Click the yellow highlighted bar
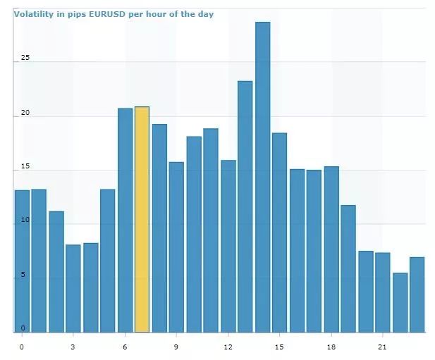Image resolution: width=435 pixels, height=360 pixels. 142,219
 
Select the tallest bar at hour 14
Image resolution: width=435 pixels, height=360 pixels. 263,177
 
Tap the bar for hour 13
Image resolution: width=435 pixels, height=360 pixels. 245,206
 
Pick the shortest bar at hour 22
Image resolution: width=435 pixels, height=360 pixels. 400,302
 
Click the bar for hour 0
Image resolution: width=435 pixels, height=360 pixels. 22,261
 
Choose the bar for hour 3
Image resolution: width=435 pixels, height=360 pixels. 73,288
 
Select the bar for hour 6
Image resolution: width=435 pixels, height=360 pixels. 125,220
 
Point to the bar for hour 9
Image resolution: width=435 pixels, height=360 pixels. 176,247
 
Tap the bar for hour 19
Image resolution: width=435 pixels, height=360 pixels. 348,268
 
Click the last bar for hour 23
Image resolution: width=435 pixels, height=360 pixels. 417,294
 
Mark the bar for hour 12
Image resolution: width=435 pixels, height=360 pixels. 228,246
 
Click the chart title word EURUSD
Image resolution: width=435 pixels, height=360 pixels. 107,14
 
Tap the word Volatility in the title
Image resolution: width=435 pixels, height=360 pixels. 34,14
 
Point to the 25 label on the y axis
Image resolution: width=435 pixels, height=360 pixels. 25,58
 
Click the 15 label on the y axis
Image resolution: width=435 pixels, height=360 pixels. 25,166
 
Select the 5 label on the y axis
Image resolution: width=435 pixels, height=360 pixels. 23,274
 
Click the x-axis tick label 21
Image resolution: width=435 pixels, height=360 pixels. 382,347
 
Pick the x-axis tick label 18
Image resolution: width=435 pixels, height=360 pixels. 331,347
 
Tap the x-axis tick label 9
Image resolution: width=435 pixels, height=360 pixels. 176,347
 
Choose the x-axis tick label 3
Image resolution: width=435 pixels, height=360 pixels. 73,347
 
